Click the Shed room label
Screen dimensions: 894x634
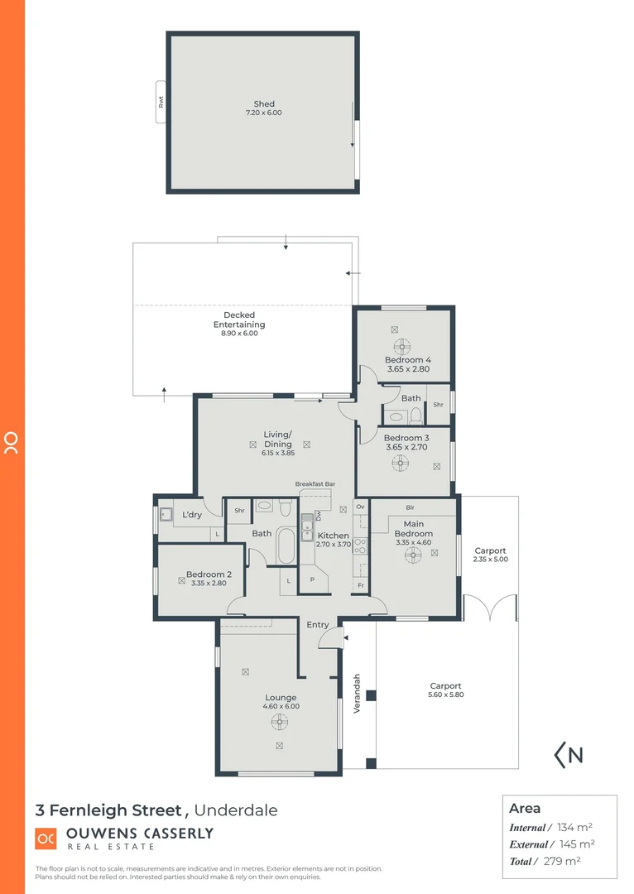click(263, 104)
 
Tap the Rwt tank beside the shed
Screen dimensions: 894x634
click(161, 102)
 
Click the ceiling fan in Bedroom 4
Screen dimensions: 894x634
click(402, 347)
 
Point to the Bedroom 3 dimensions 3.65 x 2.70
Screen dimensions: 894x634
click(407, 447)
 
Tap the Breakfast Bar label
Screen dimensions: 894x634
click(315, 483)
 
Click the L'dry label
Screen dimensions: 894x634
click(192, 515)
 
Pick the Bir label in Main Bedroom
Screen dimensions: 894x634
click(410, 507)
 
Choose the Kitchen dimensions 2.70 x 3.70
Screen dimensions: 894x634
click(334, 546)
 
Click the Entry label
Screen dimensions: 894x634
click(318, 624)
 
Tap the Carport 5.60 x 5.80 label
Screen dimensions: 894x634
click(445, 690)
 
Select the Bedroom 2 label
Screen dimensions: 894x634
click(209, 574)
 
